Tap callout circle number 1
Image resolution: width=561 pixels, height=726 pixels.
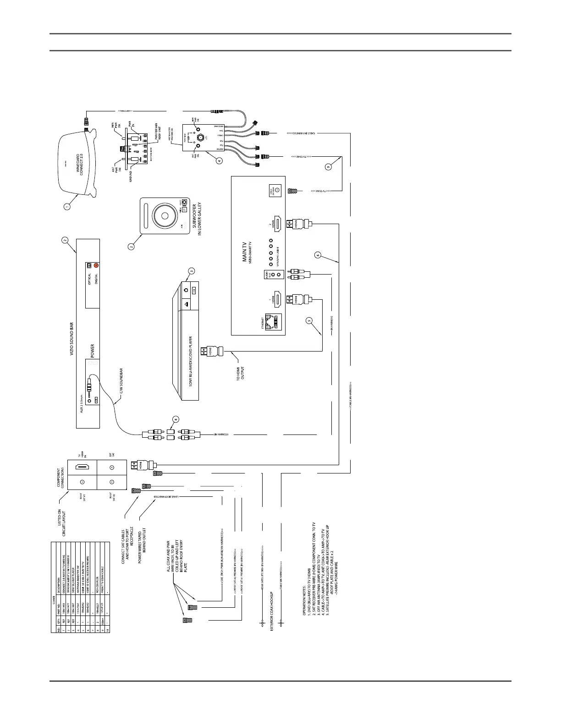point(67,207)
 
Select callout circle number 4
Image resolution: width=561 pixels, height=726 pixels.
point(220,161)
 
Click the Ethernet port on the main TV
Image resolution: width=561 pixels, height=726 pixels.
point(275,322)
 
